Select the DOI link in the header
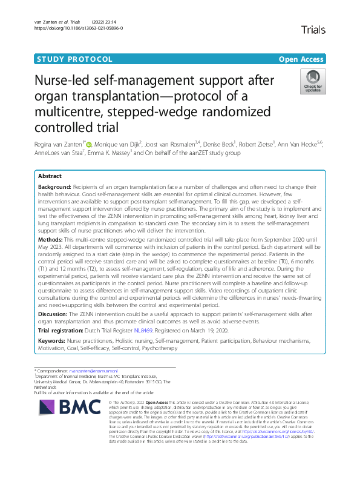pos(79,28)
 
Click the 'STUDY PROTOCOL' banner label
pos(74,59)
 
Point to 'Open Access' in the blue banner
pos(301,59)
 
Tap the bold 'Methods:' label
pos(51,240)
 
